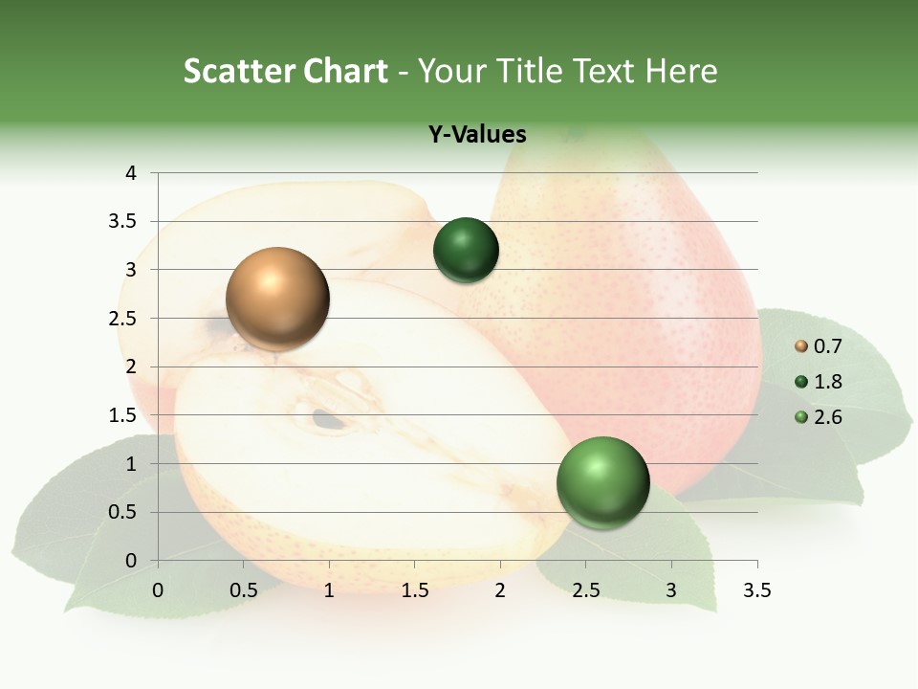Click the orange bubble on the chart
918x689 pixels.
pyautogui.click(x=277, y=299)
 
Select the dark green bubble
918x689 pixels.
pyautogui.click(x=466, y=251)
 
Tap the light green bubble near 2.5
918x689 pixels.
pyautogui.click(x=602, y=482)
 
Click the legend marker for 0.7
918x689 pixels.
pyautogui.click(x=801, y=346)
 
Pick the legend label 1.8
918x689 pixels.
pyautogui.click(x=827, y=382)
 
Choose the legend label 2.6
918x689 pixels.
pyautogui.click(x=827, y=416)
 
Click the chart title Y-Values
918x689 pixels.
pyautogui.click(x=477, y=134)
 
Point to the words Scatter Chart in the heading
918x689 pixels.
pyautogui.click(x=285, y=71)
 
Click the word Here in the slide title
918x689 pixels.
pyautogui.click(x=681, y=71)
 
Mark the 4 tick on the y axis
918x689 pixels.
pyautogui.click(x=131, y=173)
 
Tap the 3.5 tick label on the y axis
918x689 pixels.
pyautogui.click(x=124, y=221)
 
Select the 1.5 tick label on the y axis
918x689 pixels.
pyautogui.click(x=124, y=415)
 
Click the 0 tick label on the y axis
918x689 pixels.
pyautogui.click(x=131, y=561)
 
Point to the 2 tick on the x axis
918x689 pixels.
pyautogui.click(x=500, y=590)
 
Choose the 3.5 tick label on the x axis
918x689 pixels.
pyautogui.click(x=756, y=590)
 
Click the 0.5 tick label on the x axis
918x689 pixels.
pyautogui.click(x=244, y=590)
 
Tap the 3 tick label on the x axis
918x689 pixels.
pyautogui.click(x=671, y=590)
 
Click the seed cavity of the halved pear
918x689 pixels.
pyautogui.click(x=327, y=417)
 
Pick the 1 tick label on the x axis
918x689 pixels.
pyautogui.click(x=329, y=590)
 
